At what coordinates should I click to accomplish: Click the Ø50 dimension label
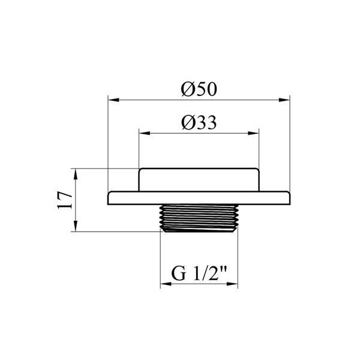click(199, 89)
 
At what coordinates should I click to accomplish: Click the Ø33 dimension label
click(199, 122)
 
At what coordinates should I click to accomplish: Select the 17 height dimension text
click(65, 200)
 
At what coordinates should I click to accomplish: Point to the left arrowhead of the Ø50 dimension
click(113, 100)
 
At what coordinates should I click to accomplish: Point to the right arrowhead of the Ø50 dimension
click(284, 100)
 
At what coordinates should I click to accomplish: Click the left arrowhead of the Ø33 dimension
click(145, 133)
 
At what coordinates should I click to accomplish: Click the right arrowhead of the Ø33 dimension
click(253, 133)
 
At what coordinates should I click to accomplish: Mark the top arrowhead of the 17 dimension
click(76, 174)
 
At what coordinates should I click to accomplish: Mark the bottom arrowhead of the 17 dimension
click(76, 226)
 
